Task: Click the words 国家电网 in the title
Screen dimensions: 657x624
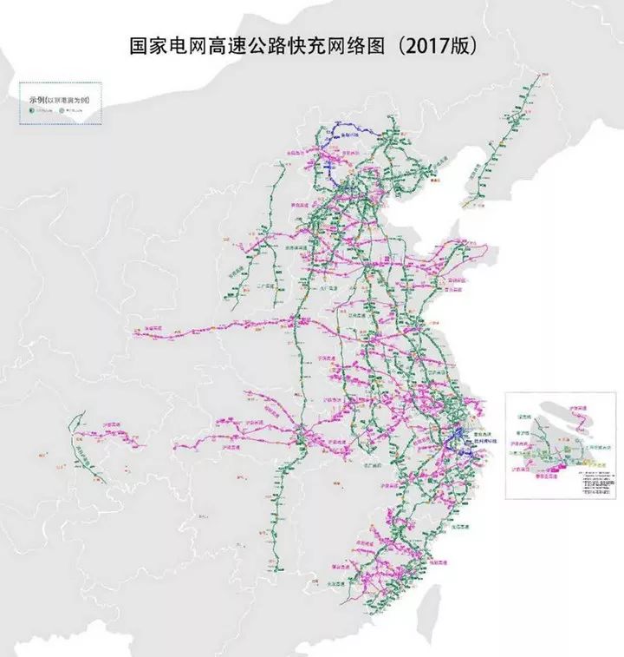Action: tap(165, 46)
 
